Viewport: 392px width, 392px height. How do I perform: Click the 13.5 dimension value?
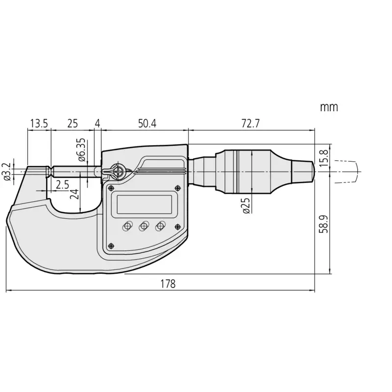tap(39, 123)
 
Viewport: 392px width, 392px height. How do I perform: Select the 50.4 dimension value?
tap(147, 123)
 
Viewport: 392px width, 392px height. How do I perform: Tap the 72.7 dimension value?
tap(250, 123)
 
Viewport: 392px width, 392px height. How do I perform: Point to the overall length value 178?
tap(168, 284)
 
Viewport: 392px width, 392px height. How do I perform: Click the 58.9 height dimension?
tap(324, 224)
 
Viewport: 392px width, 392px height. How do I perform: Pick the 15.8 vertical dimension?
tap(324, 158)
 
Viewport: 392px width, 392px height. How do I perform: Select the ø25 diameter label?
tap(246, 206)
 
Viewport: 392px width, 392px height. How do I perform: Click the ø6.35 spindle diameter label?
tap(81, 150)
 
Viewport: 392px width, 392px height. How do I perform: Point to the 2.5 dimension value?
tap(62, 185)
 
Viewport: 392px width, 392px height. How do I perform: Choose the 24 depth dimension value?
tap(74, 194)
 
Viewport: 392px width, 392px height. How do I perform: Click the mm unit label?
tap(329, 107)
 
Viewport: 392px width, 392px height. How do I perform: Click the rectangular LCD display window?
tap(144, 204)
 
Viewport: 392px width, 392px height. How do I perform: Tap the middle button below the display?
tap(144, 226)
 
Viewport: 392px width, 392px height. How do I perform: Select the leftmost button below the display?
tap(127, 226)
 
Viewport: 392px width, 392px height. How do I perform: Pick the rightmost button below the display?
tap(160, 226)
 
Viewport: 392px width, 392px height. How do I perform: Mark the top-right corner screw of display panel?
tap(178, 188)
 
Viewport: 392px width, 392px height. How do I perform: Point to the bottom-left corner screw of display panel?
tap(111, 246)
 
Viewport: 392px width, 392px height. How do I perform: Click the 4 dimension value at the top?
tap(98, 123)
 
